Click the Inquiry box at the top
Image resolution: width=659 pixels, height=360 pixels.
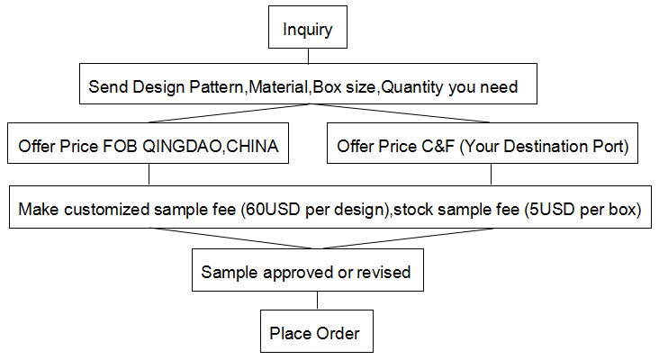pos(308,27)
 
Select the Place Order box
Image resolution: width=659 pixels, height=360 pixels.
pos(317,331)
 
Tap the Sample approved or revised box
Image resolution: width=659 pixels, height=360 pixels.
pos(308,270)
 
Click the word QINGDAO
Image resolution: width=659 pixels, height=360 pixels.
pos(184,146)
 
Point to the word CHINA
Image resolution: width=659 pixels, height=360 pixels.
pos(253,146)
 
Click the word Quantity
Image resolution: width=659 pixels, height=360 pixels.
pos(412,87)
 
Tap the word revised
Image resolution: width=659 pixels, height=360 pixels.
pos(384,272)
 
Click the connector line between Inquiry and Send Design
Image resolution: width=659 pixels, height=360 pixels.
pos(308,56)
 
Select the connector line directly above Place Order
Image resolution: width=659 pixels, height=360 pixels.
pos(317,301)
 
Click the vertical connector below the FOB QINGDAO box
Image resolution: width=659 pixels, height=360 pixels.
pos(149,175)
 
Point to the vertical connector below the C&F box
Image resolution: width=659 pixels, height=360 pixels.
pos(491,175)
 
